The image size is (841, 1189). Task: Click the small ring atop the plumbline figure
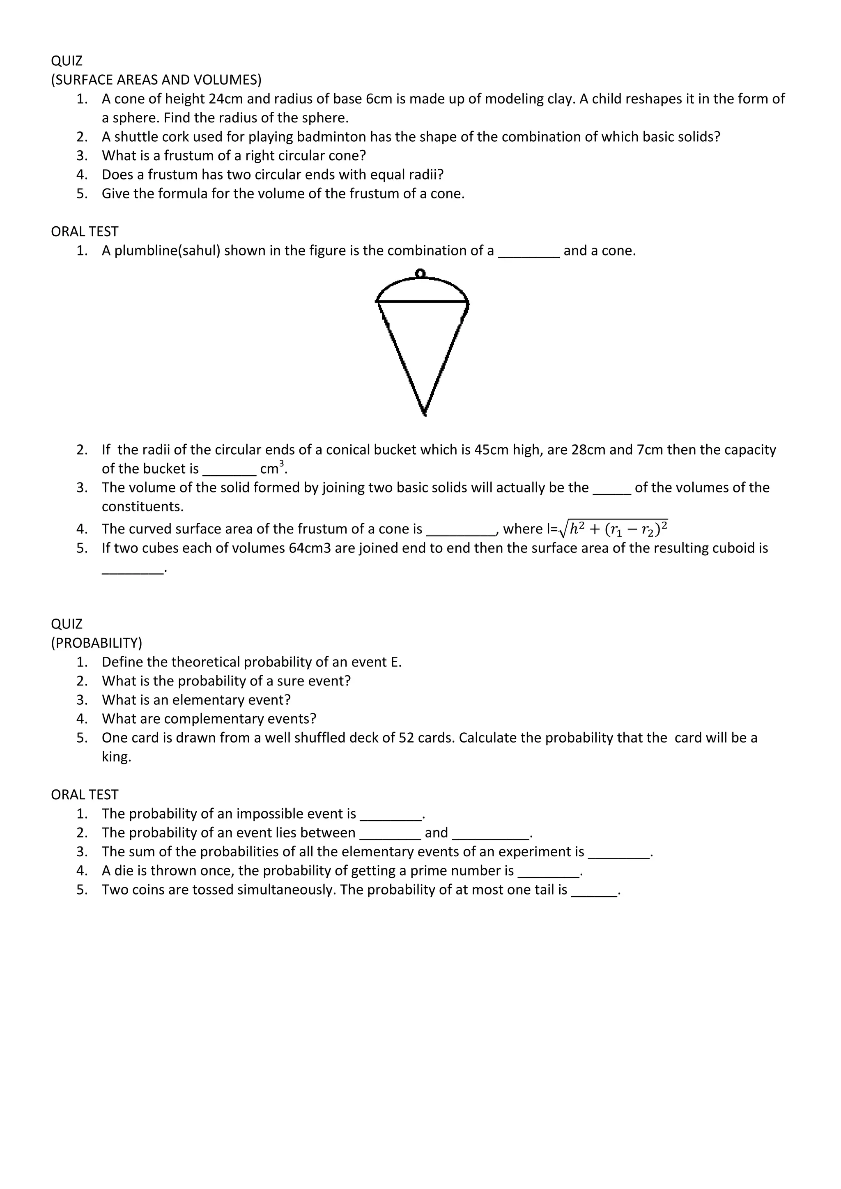420,273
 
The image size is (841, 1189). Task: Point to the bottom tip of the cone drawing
424,414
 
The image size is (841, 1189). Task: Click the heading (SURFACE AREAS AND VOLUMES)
156,80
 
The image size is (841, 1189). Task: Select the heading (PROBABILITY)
97,643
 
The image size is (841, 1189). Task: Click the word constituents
142,506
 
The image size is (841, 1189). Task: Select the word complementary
214,719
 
